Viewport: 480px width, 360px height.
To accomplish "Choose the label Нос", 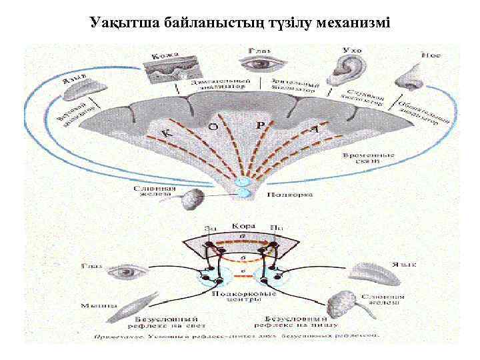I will pyautogui.click(x=430, y=55).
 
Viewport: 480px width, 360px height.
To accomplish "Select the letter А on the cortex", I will pyautogui.click(x=314, y=130).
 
